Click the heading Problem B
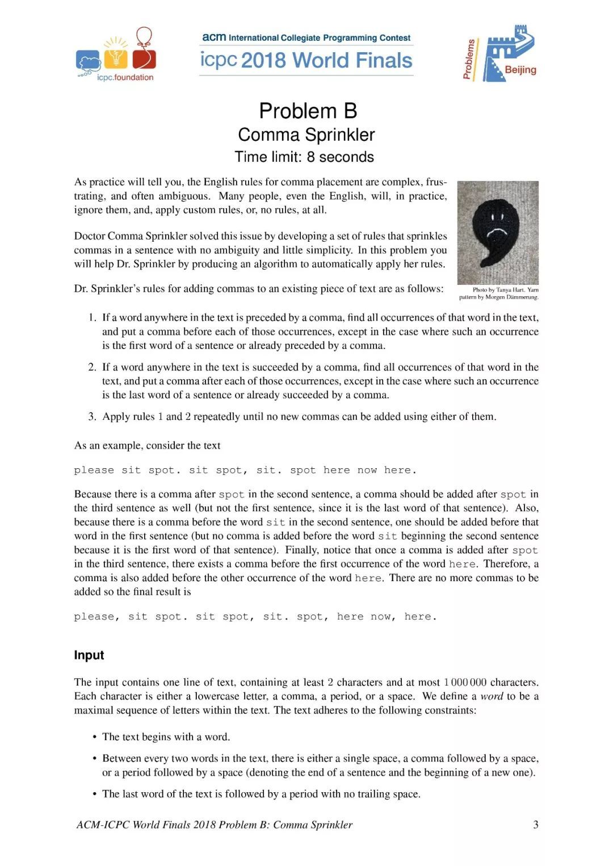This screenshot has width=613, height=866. click(308, 111)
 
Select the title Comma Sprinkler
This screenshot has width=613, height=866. click(306, 134)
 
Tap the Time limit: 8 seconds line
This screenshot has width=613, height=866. click(304, 157)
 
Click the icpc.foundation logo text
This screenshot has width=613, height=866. click(125, 78)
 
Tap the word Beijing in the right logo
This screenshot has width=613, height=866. click(520, 70)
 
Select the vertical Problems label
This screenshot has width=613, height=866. click(469, 58)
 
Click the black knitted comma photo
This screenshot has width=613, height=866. click(498, 232)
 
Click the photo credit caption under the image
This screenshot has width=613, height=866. click(498, 293)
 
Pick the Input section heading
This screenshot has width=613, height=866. click(89, 655)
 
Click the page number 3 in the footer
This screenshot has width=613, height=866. click(535, 825)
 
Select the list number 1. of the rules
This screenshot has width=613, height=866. click(92, 317)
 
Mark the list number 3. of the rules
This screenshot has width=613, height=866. click(92, 417)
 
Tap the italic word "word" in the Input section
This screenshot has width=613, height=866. click(492, 696)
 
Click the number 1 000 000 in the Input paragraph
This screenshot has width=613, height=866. click(465, 682)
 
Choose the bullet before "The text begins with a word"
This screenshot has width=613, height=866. click(95, 737)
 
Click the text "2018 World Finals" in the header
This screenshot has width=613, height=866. click(327, 60)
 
